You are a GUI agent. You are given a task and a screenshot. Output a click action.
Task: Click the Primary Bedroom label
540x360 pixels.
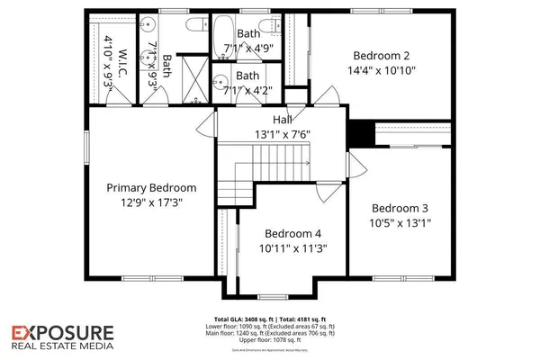[163, 187]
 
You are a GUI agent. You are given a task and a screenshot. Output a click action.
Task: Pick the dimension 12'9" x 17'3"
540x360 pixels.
[163, 202]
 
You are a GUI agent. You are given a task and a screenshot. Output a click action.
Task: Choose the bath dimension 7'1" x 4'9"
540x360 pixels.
[249, 49]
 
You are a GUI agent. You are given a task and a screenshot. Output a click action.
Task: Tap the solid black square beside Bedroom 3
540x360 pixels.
[362, 131]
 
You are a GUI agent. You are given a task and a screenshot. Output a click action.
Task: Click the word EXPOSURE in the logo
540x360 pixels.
[62, 332]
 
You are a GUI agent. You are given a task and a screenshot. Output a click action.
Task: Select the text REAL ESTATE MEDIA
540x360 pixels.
[62, 346]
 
